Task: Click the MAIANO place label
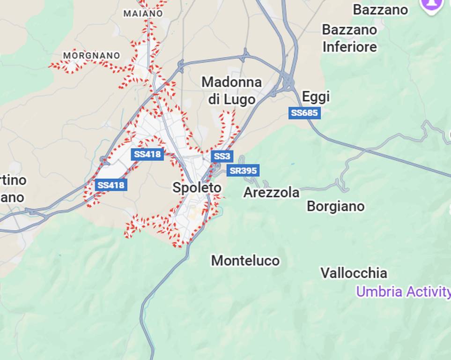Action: coord(143,14)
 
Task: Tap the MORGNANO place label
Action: coord(91,55)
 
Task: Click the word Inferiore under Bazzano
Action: coord(349,47)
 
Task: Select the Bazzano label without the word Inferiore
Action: coord(380,9)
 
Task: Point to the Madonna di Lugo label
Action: coord(231,90)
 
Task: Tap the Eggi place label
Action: coord(316,97)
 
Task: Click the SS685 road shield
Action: coord(304,113)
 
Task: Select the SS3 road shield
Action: coord(222,156)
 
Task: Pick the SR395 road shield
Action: coord(243,171)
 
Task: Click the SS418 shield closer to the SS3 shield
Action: coord(147,154)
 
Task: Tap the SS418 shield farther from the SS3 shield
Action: coord(111,185)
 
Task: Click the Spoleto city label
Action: coord(197,188)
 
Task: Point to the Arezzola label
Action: coord(271,192)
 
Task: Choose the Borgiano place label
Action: coord(335,206)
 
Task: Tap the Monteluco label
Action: coord(245,261)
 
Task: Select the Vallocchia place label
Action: coord(354,273)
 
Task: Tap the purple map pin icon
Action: coord(431,4)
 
